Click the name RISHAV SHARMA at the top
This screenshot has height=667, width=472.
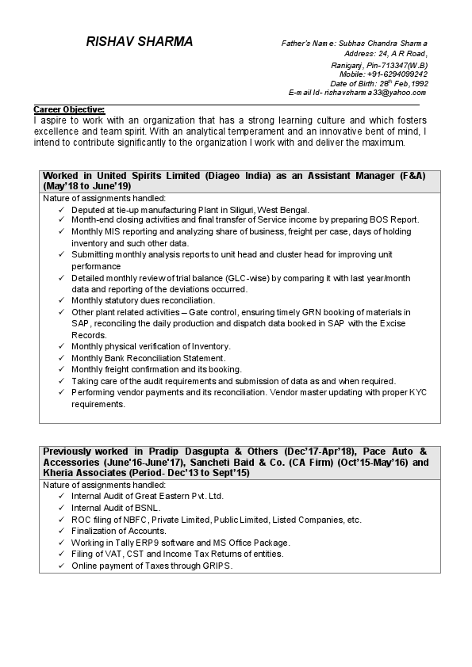pyautogui.click(x=139, y=42)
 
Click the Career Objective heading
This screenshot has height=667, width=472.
pyautogui.click(x=69, y=109)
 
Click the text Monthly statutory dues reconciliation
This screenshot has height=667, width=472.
pyautogui.click(x=143, y=300)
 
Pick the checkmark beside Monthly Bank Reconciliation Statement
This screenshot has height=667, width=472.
pyautogui.click(x=63, y=358)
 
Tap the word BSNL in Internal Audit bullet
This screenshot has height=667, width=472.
pyautogui.click(x=146, y=508)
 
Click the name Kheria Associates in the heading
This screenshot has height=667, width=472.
pyautogui.click(x=81, y=472)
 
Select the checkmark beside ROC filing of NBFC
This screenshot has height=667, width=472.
pyautogui.click(x=63, y=520)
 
